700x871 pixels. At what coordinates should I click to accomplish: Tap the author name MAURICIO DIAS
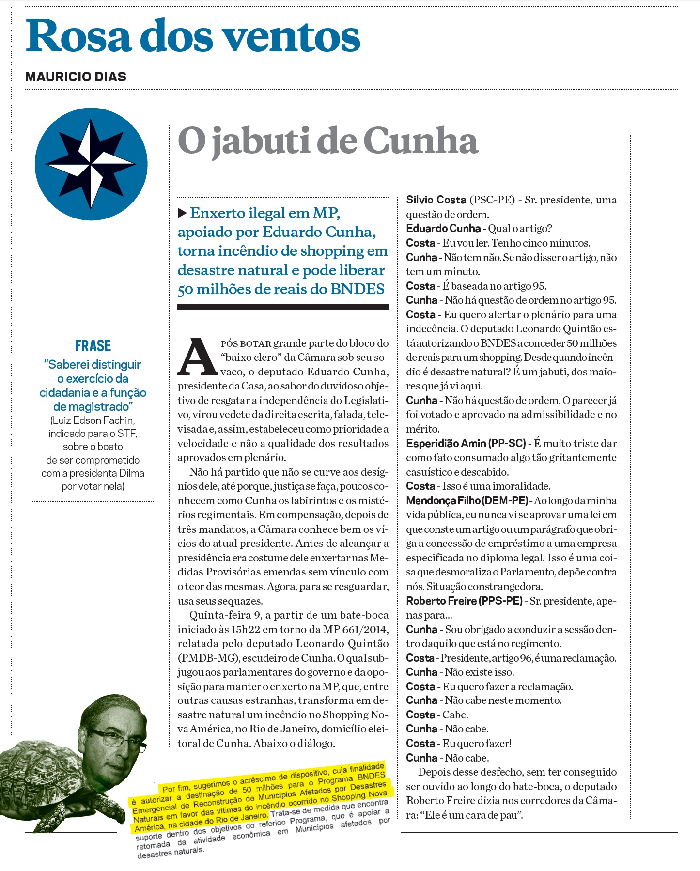point(76,77)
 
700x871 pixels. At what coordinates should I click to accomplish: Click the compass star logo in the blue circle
point(91,164)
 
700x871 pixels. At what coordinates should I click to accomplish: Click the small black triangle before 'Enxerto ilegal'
point(182,213)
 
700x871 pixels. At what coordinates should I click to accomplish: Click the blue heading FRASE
point(93,346)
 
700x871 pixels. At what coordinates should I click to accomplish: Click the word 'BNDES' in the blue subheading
point(358,289)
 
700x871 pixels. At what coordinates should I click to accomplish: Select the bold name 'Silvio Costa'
point(436,200)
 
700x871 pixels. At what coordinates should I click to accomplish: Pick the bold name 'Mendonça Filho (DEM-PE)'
point(467,500)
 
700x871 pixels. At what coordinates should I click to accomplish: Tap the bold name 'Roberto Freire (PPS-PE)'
point(464,601)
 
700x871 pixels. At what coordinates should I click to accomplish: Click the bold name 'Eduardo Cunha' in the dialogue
point(443,228)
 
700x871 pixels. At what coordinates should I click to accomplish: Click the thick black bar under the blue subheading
point(283,307)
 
